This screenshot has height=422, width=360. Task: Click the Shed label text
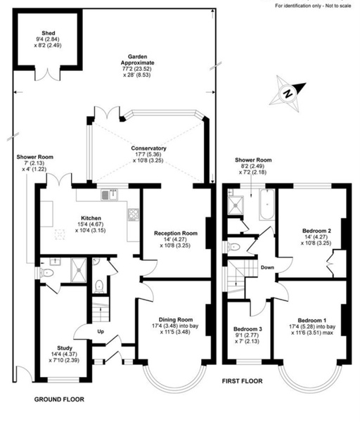point(49,33)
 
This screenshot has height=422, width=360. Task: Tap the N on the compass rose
point(288,94)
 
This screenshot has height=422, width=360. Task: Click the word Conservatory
point(148,148)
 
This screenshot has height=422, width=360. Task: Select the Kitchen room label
point(91,218)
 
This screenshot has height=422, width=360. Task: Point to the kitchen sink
point(110,195)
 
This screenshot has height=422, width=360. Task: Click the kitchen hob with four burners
point(133,215)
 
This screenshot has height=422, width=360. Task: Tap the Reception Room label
point(175,233)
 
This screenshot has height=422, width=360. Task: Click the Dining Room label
point(175,320)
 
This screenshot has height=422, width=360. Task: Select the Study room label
point(65,348)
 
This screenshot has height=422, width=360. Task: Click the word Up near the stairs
point(101,331)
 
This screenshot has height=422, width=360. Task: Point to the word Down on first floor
point(267,267)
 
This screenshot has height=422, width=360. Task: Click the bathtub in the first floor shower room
point(267,205)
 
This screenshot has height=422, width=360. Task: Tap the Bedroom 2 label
point(316,231)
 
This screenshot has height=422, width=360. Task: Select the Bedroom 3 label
point(247,329)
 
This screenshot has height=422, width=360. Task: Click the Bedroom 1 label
point(312,320)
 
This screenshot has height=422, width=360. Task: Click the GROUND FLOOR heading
point(59,399)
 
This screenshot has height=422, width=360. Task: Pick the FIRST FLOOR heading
point(242,381)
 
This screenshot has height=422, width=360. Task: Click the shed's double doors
point(48,74)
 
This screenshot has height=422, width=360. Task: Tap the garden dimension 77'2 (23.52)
point(137,69)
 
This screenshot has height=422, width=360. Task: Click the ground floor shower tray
point(79,270)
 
